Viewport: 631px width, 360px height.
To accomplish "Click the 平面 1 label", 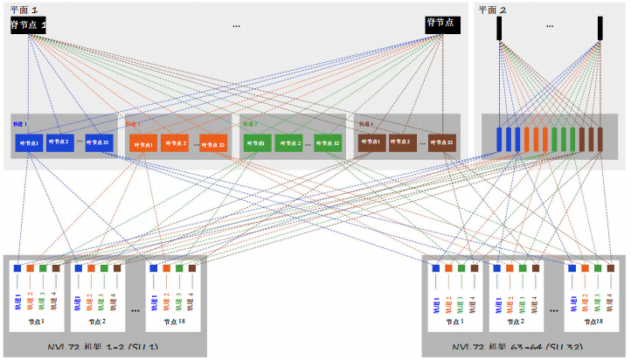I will point(24,10).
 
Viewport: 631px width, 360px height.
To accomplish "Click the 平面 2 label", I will point(491,10).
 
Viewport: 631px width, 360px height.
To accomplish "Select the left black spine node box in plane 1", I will point(28,24).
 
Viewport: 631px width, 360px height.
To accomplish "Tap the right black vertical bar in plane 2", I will point(600,28).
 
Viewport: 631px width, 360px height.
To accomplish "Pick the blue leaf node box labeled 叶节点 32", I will point(99,142).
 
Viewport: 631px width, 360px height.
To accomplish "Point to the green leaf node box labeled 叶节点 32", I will point(328,143).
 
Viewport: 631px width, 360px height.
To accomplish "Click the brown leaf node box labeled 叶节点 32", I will point(441,142).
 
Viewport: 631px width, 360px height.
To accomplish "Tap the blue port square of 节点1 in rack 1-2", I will point(17,269).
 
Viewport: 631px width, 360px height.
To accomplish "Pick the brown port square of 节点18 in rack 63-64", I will point(611,269).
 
